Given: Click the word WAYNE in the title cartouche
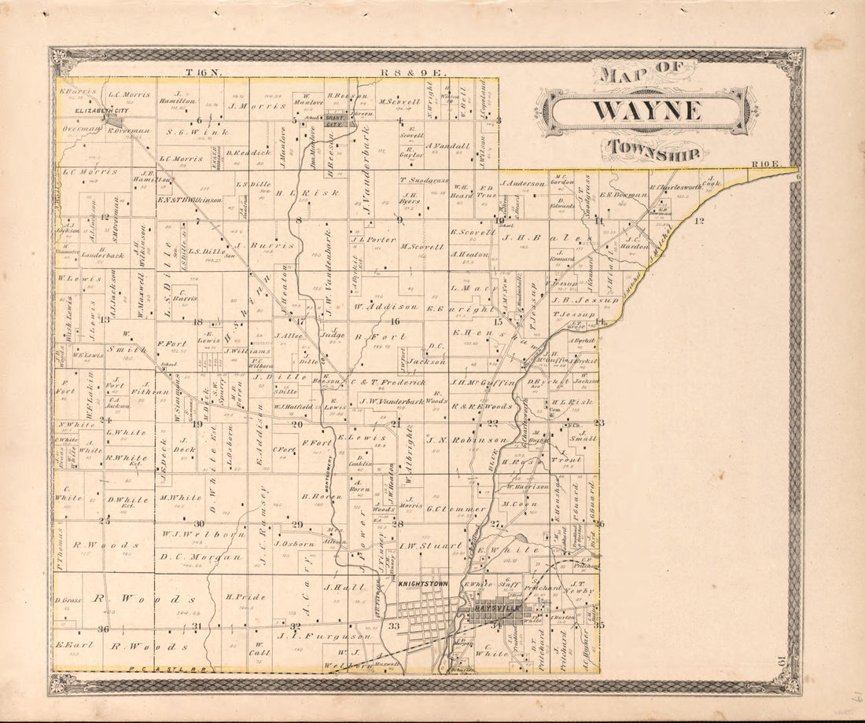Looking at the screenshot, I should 646,111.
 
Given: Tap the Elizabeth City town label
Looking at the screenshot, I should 87,112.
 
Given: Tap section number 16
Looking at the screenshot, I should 395,321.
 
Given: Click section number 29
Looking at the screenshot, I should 297,524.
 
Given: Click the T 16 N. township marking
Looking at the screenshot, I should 204,72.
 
